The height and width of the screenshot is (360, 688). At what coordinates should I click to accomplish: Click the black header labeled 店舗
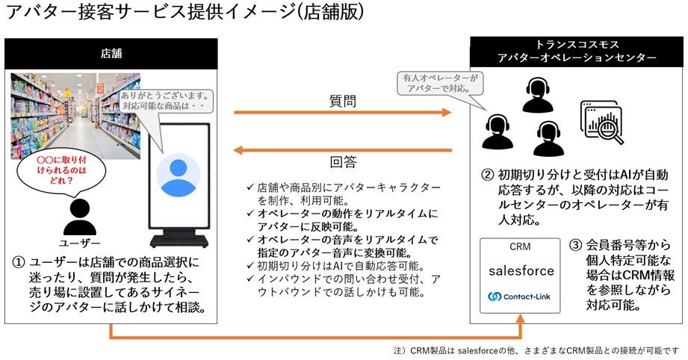[x=111, y=55]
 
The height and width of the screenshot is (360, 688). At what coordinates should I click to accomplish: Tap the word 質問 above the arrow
[x=342, y=99]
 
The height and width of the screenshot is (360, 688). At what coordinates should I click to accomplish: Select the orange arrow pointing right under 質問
[x=342, y=113]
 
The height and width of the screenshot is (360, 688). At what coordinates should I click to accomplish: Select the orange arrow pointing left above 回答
[x=342, y=149]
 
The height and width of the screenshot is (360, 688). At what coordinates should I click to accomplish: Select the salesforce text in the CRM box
[x=520, y=270]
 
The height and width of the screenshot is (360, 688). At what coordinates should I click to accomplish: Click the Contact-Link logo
[x=521, y=297]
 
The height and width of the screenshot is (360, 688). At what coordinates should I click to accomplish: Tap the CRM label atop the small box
[x=520, y=246]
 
